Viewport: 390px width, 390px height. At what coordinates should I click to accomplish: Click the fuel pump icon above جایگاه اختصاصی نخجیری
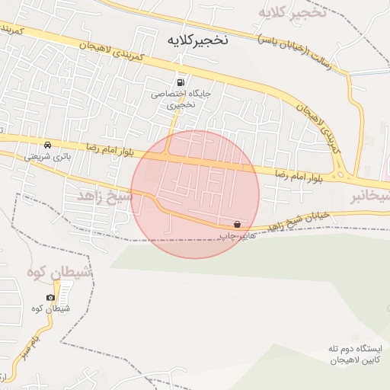(180, 82)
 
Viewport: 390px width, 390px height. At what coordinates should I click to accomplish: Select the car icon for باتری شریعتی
(48, 145)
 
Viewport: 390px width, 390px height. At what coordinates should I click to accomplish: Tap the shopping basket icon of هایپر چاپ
(238, 225)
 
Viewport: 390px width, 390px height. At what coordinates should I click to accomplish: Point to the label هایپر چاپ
(237, 237)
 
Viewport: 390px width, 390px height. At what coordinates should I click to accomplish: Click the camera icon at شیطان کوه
(50, 297)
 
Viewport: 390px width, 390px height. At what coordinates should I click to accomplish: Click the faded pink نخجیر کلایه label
(292, 12)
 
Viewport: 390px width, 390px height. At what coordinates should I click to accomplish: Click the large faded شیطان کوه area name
(59, 272)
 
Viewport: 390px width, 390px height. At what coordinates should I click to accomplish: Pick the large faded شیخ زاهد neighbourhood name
(104, 197)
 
